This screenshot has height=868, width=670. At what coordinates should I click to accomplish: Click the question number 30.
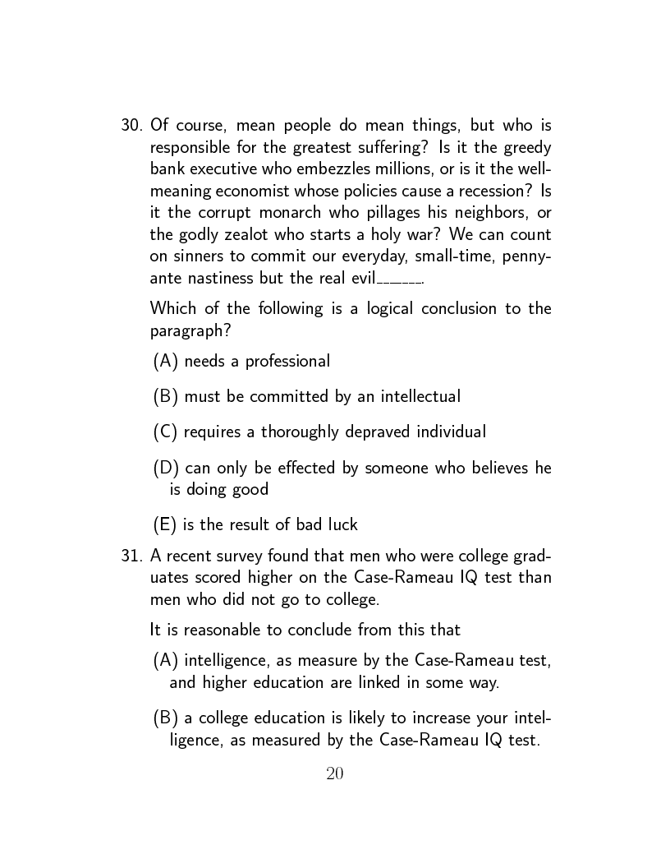pos(131,126)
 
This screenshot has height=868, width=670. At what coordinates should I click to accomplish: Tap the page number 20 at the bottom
pos(334,773)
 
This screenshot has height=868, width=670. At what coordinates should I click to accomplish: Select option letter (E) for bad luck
pos(165,524)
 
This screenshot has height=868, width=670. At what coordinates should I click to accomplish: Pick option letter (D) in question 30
pos(166,469)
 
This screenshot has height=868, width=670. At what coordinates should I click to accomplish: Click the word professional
pos(287,362)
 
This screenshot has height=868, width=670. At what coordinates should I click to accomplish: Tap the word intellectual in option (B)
pos(419,397)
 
